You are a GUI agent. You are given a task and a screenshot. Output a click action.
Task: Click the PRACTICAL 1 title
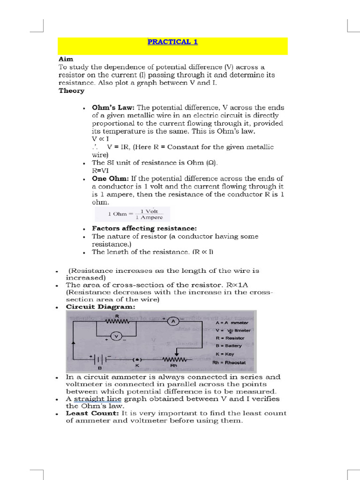pos(172,42)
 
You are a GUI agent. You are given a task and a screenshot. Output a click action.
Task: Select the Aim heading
pos(66,60)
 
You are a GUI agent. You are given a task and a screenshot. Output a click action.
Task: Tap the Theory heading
pos(71,90)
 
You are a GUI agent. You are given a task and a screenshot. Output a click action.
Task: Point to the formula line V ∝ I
pos(100,139)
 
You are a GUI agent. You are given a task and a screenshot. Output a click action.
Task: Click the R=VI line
pos(100,171)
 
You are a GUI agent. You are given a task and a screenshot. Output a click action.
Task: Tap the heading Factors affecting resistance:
pos(138,228)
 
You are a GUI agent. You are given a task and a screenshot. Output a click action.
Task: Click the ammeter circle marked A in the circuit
pos(172,321)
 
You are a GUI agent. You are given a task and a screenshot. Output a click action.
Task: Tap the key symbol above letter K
pos(137,359)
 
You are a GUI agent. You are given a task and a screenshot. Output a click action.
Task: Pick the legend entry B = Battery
pos(229,345)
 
